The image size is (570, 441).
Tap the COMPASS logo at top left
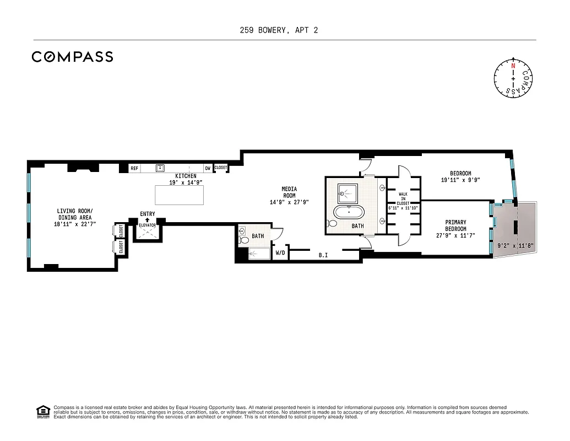pyautogui.click(x=72, y=57)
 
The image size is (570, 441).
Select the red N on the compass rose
pyautogui.click(x=513, y=66)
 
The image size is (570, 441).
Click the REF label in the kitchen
pyautogui.click(x=134, y=168)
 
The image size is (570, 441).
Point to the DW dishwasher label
pyautogui.click(x=208, y=168)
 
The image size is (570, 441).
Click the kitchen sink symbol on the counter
pyautogui.click(x=161, y=168)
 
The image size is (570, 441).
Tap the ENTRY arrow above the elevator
pyautogui.click(x=148, y=220)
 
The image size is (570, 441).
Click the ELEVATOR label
pyautogui.click(x=148, y=225)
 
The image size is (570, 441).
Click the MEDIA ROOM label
pyautogui.click(x=289, y=192)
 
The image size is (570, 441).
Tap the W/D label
pyautogui.click(x=280, y=254)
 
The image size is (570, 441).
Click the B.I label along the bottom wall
pyautogui.click(x=323, y=255)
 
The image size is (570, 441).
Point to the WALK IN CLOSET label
pyautogui.click(x=403, y=198)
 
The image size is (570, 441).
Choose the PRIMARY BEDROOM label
pyautogui.click(x=456, y=225)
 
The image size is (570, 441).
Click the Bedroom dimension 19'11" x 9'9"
pyautogui.click(x=460, y=180)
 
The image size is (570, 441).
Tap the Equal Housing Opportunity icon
pyautogui.click(x=42, y=412)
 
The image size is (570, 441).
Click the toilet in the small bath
pyautogui.click(x=243, y=232)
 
